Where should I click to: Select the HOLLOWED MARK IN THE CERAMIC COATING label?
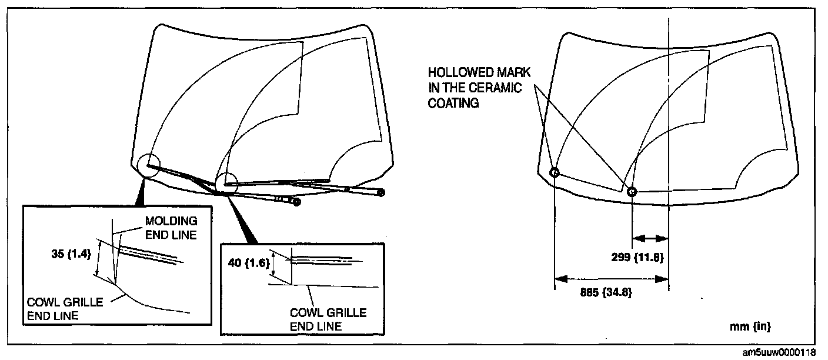pos(479,88)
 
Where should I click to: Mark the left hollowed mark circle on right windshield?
pos(554,173)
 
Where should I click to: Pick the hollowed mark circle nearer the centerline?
pos(632,192)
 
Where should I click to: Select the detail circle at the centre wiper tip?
pos(225,183)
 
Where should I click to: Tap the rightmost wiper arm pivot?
pos(382,192)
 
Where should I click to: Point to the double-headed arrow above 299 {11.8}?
pos(650,239)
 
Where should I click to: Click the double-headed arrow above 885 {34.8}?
pos(611,278)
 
